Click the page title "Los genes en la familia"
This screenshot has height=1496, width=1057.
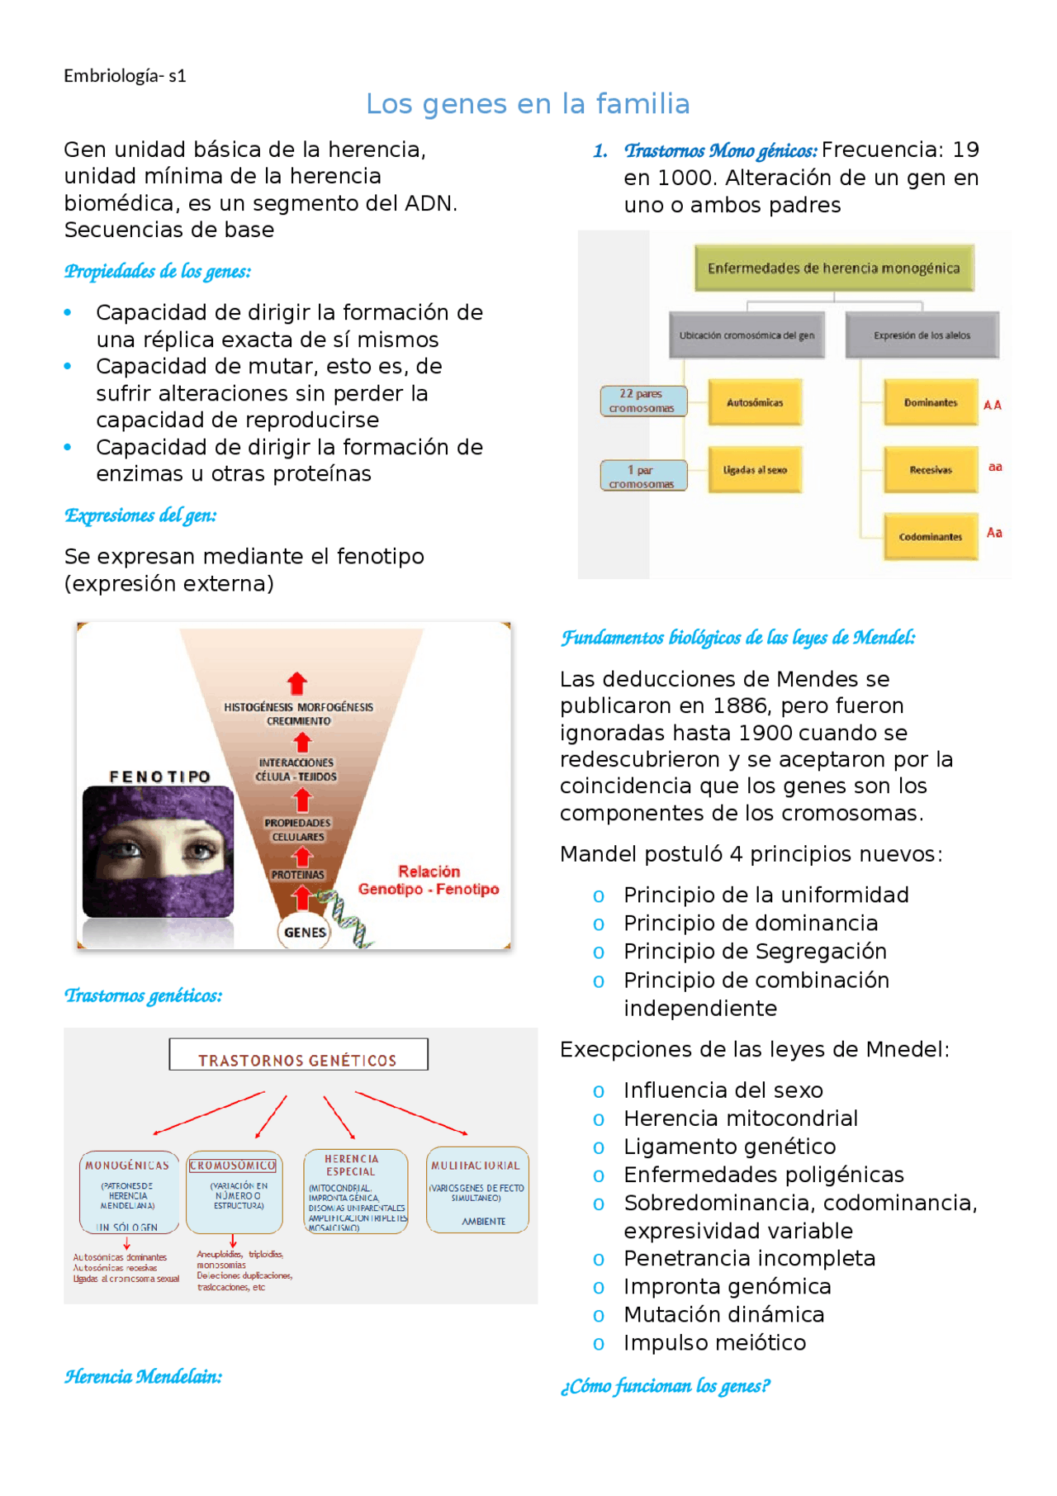point(528,104)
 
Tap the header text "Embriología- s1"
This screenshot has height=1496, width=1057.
point(125,76)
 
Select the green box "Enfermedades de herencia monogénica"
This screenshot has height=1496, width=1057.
point(833,268)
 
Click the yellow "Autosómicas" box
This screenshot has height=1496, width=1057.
point(755,402)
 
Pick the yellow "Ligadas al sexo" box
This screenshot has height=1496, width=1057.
point(755,469)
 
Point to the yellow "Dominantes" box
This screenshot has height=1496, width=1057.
point(931,402)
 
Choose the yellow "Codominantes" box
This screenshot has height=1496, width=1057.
point(931,536)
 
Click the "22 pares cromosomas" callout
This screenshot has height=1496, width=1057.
point(642,401)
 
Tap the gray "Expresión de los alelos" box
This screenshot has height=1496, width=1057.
point(922,335)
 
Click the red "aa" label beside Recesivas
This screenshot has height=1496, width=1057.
point(995,467)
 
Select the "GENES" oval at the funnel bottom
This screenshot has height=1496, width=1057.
point(305,932)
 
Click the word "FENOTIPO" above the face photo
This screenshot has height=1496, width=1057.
point(160,776)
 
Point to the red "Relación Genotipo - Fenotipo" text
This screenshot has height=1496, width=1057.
point(429,881)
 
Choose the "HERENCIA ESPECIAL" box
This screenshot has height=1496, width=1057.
point(355,1190)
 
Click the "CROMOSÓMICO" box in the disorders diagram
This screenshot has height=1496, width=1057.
point(235,1190)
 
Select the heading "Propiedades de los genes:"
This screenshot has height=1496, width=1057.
point(158,272)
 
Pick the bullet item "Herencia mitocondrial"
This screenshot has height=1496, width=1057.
point(741,1118)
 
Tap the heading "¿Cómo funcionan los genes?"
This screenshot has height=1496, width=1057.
point(665,1386)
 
